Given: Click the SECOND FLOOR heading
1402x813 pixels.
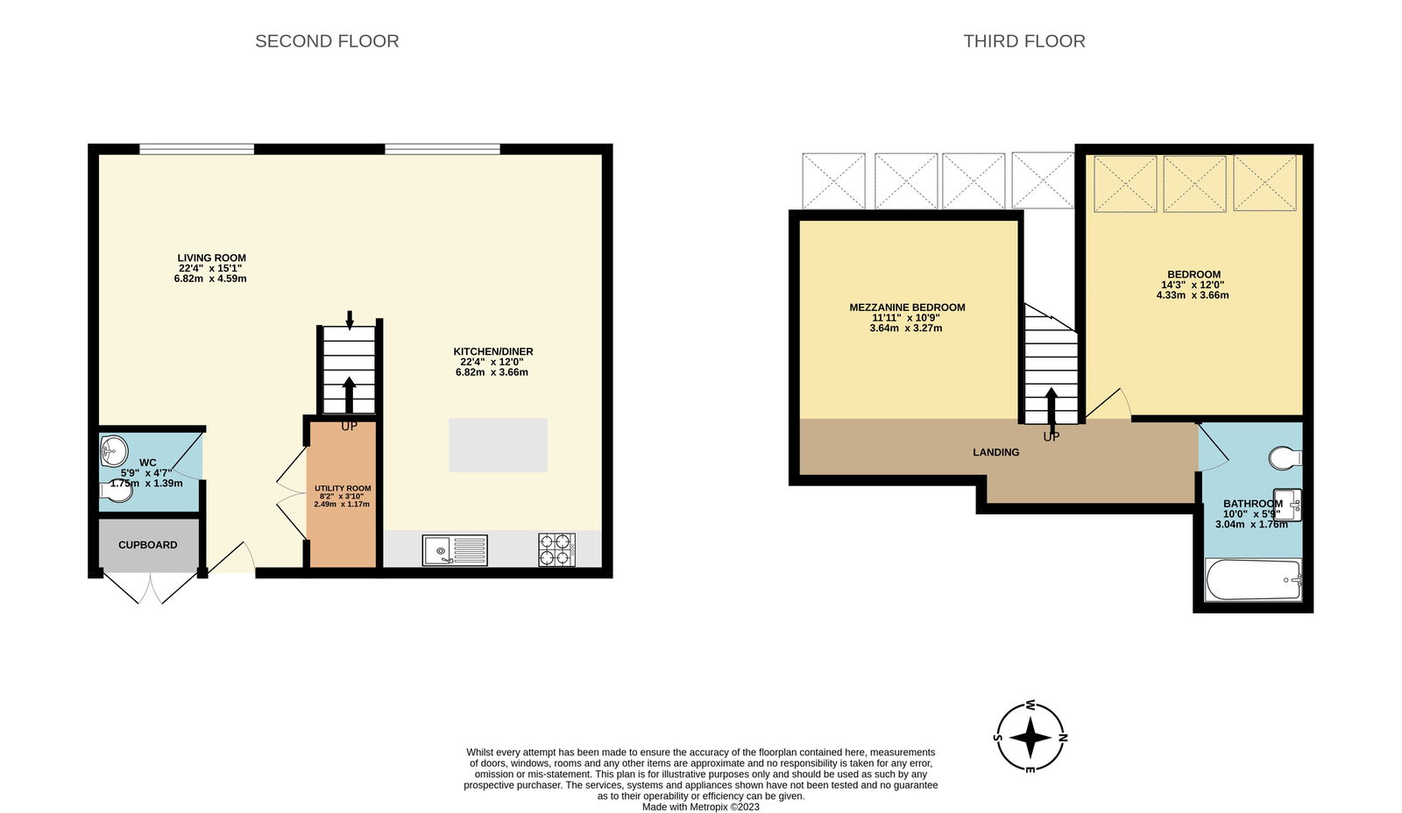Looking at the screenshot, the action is [327, 41].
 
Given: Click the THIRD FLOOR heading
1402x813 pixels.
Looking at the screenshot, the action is [1024, 41].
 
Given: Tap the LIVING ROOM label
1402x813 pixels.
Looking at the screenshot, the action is [211, 258].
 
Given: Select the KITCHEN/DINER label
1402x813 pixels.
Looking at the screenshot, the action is [493, 351].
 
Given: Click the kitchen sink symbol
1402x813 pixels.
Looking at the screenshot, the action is [455, 550].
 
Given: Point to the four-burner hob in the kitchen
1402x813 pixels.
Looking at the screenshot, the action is [556, 549].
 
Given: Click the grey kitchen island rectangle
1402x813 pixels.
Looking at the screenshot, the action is [498, 445].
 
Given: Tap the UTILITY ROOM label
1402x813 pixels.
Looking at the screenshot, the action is [343, 488].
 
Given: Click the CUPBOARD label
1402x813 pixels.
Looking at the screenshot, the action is [148, 545].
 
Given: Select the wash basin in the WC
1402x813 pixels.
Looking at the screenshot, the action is [113, 450].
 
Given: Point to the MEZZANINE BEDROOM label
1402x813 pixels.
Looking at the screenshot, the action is [907, 308].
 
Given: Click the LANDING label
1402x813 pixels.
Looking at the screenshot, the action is [995, 452].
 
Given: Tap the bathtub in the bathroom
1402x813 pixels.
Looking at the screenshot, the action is [1254, 580].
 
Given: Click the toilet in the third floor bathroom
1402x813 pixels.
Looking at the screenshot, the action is [1285, 457].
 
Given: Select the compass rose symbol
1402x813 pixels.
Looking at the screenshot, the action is [1030, 737].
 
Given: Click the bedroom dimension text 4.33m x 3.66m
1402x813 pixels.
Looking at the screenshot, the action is [1193, 295].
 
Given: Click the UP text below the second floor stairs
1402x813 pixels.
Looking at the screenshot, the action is [349, 427].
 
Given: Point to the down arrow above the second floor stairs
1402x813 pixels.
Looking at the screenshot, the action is [350, 320].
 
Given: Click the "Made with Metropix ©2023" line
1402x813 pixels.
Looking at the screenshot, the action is [700, 807].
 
